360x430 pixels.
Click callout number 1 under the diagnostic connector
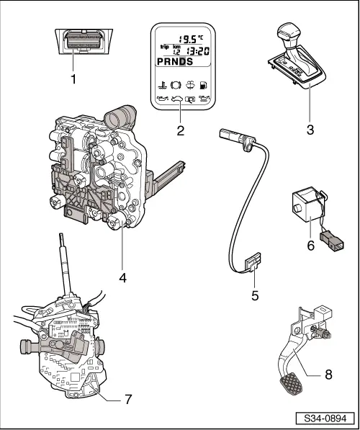pyautogui.click(x=73, y=79)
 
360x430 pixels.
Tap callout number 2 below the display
pyautogui.click(x=181, y=131)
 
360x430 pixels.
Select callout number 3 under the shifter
pyautogui.click(x=310, y=130)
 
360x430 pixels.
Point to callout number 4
pyautogui.click(x=122, y=278)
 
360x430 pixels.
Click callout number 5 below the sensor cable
pyautogui.click(x=255, y=295)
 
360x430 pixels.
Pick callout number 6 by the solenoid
pyautogui.click(x=310, y=246)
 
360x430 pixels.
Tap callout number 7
pyautogui.click(x=128, y=400)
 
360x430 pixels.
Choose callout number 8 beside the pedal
pyautogui.click(x=328, y=375)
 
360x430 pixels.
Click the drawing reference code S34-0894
pyautogui.click(x=325, y=418)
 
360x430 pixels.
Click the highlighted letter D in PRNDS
pyautogui.click(x=182, y=62)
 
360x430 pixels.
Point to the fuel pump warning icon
pyautogui.click(x=204, y=85)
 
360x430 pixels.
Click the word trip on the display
pyautogui.click(x=164, y=47)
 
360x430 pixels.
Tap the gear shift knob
pyautogui.click(x=289, y=33)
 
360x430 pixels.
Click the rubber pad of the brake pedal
pyautogui.click(x=291, y=384)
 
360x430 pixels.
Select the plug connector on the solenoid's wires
pyautogui.click(x=332, y=241)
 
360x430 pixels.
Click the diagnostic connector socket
pyautogui.click(x=84, y=40)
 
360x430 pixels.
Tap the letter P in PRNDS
pyautogui.click(x=160, y=62)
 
